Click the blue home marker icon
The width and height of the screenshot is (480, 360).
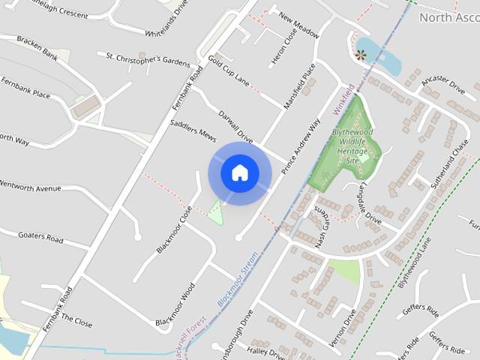[239, 173]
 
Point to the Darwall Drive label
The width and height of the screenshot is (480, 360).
[235, 127]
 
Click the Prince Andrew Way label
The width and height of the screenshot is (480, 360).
[300, 145]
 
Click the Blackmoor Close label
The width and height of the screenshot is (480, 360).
[175, 229]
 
